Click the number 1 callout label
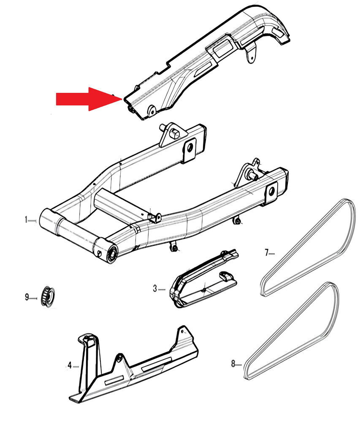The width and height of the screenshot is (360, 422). (26, 220)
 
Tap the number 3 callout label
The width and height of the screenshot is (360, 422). (155, 289)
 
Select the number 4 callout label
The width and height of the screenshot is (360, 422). (70, 365)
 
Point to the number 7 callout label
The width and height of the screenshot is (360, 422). (266, 253)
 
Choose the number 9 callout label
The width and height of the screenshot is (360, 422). (27, 298)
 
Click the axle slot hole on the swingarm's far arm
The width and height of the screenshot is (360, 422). (189, 148)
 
